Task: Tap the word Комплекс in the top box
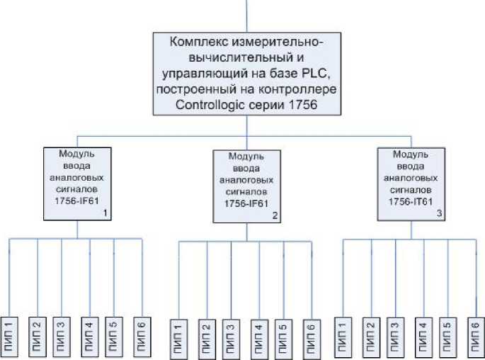click(x=202, y=42)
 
